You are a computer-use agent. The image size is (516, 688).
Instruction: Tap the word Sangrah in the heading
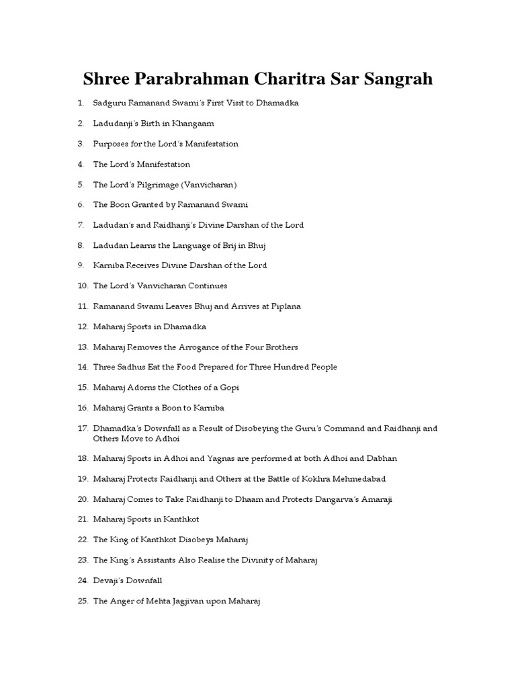point(398,79)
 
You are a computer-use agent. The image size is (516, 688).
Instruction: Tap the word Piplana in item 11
point(286,306)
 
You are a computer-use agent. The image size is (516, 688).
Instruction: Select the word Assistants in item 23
point(150,560)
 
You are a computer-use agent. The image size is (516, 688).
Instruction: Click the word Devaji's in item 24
point(108,580)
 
